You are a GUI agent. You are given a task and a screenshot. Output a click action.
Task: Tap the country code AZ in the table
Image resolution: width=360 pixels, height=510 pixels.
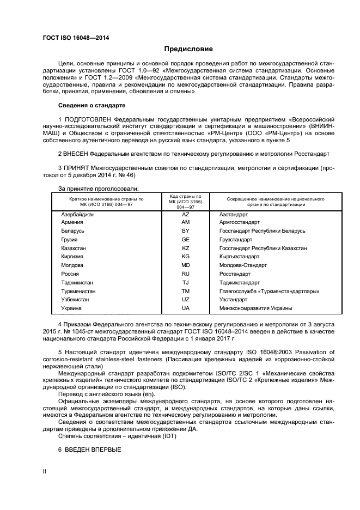pos(185,215)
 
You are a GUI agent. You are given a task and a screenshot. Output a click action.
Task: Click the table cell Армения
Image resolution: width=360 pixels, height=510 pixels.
pos(72,222)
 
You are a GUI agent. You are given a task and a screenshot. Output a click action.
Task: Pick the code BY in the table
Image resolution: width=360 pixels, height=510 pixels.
pos(185,231)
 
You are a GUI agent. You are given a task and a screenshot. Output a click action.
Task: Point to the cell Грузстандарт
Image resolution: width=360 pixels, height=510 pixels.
pos(235,239)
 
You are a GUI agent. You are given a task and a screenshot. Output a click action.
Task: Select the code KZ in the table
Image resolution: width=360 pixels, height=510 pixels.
pos(185,248)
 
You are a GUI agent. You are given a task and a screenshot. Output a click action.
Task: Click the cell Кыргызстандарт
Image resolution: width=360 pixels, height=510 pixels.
pos(239,256)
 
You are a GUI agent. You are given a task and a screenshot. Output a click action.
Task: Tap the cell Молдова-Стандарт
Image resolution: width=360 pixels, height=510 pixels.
pos(242,265)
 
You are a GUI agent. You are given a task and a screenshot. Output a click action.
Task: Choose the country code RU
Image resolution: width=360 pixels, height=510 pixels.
pos(185,274)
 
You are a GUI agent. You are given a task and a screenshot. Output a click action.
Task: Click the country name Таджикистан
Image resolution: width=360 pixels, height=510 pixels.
pos(78,283)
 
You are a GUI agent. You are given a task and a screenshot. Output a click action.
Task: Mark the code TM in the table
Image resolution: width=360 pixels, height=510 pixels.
pos(185,292)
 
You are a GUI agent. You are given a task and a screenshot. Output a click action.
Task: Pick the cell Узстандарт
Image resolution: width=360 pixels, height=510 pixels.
pos(233,300)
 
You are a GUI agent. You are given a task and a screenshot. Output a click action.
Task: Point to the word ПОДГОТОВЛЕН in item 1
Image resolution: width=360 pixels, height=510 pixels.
pos(91,118)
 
